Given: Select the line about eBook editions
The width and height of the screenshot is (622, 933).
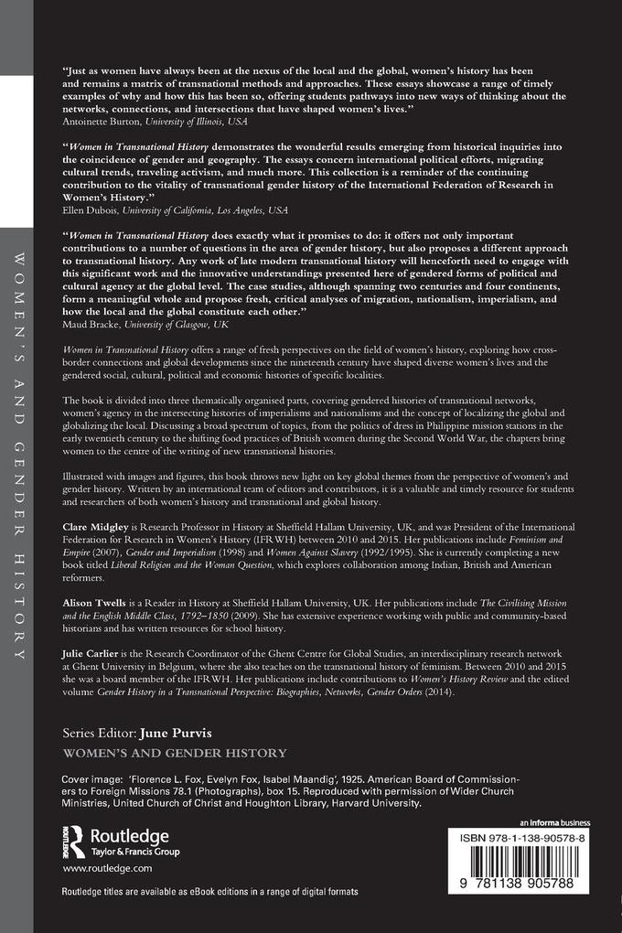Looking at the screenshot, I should [210, 891].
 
